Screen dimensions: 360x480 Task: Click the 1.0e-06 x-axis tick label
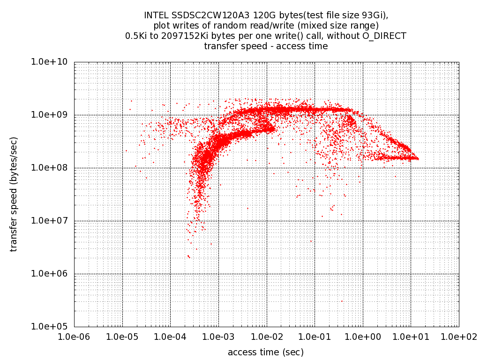tap(74, 337)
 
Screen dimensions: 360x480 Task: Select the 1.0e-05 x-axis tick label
tap(122, 337)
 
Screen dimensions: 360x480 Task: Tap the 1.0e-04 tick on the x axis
tap(170, 337)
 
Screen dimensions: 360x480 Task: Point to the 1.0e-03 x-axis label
tap(218, 337)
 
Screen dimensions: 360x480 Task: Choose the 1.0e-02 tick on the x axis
tap(267, 337)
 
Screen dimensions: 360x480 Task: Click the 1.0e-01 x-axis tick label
tap(315, 337)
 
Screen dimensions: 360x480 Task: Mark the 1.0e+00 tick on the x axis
tap(363, 337)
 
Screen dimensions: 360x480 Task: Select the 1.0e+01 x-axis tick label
tap(411, 337)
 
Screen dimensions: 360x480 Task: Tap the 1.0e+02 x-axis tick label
tap(459, 337)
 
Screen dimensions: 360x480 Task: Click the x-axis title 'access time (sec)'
tap(266, 352)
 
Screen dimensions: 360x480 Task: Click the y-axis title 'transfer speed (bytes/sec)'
tap(14, 194)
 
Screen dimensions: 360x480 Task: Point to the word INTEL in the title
tap(157, 15)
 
